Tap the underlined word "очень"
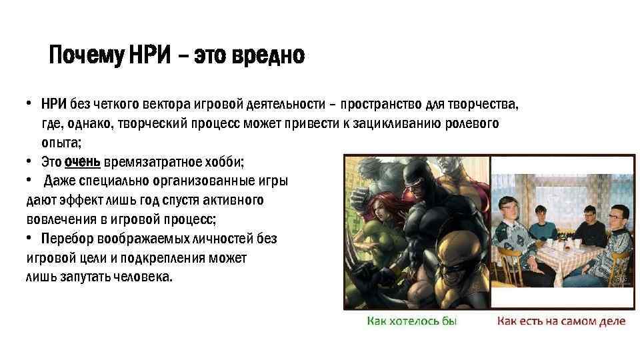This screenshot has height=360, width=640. tap(82, 162)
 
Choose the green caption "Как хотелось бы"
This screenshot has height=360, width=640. tap(412, 321)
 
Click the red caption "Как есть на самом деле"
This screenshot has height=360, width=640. tap(561, 321)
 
